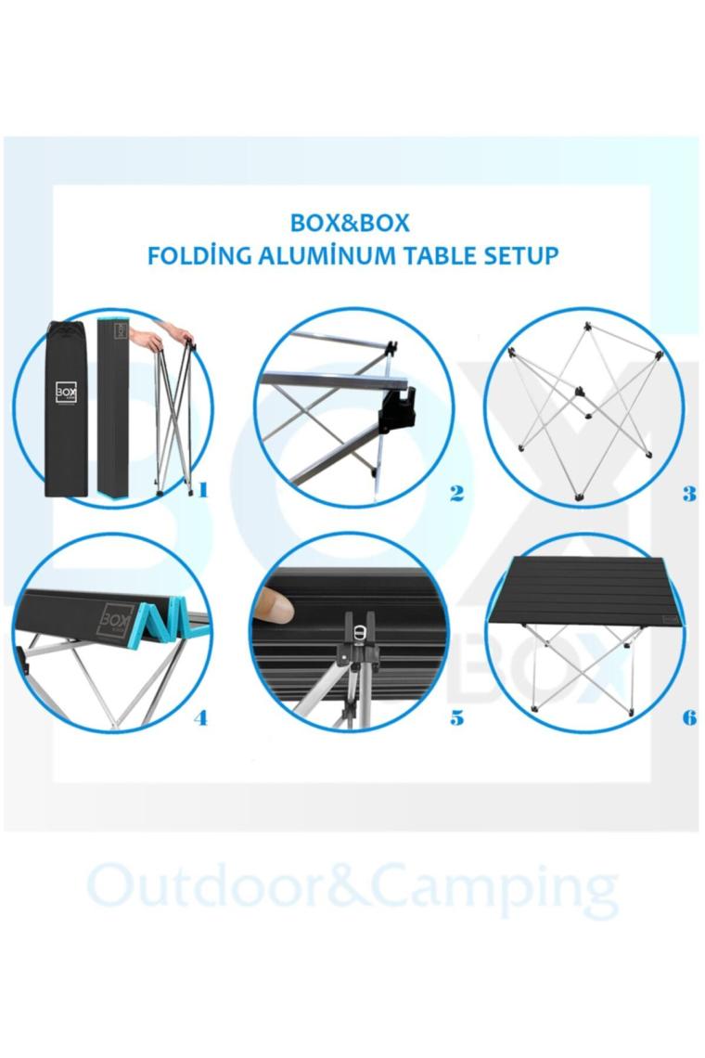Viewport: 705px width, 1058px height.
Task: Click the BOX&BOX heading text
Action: click(350, 224)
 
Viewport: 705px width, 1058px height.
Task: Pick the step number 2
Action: click(456, 494)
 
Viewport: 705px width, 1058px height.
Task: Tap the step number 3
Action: click(688, 494)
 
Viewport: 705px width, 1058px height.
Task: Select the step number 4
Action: click(200, 718)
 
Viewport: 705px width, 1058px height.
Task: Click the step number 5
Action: click(456, 718)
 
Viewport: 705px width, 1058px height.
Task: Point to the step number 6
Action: click(688, 717)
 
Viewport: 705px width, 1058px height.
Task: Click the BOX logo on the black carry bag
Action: click(66, 392)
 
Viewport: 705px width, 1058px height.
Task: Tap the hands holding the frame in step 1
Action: click(162, 336)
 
